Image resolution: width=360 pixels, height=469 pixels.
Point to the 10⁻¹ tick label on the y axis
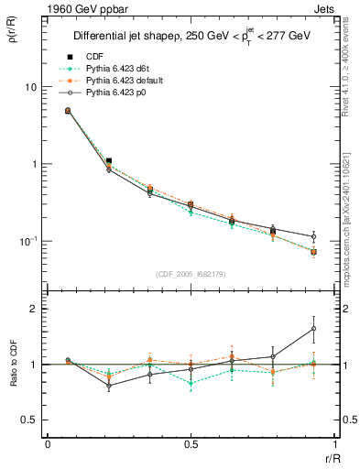tap(29, 241)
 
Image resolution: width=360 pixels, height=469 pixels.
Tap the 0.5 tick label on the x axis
tap(190, 444)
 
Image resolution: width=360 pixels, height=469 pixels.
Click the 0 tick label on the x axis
tap(48, 444)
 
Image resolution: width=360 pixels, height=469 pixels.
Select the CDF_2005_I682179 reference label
tap(188, 273)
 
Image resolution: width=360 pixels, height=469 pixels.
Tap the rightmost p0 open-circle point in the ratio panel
tap(313, 328)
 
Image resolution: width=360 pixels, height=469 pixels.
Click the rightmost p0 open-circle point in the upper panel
tap(313, 236)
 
